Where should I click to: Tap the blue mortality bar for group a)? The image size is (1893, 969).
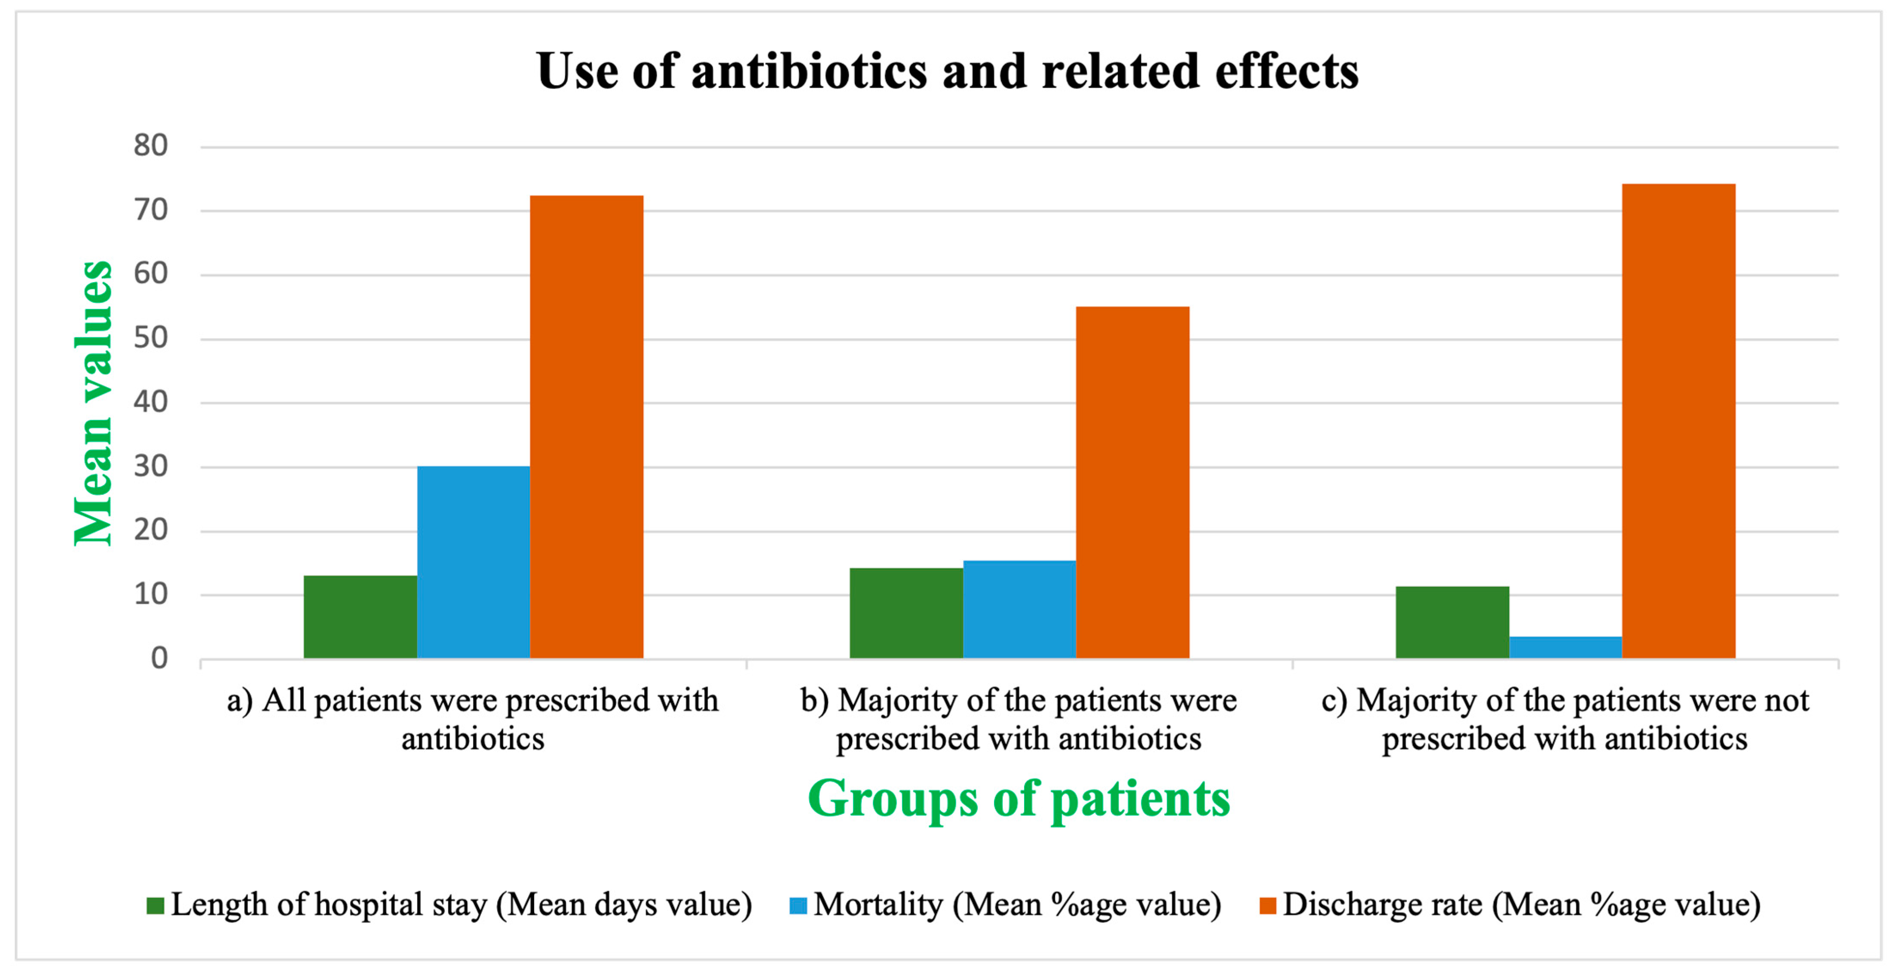[473, 563]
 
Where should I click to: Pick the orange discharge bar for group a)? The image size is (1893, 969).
[587, 426]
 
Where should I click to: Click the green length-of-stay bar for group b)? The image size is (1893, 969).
[906, 613]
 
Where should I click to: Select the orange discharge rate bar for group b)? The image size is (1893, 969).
[1132, 482]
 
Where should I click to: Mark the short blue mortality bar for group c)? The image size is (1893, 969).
[1565, 647]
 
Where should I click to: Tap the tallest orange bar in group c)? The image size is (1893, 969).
[1679, 421]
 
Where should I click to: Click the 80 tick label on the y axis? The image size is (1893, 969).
[151, 145]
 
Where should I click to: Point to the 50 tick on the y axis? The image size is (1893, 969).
[151, 338]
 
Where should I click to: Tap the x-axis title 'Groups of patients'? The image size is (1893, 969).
[1018, 799]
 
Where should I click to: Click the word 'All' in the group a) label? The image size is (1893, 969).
[284, 701]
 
